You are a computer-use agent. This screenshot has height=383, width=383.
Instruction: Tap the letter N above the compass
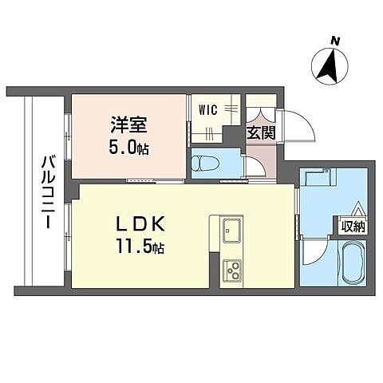click(336, 40)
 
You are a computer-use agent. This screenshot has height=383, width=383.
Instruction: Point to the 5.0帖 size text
click(128, 148)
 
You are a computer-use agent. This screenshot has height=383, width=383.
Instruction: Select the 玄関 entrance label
click(262, 132)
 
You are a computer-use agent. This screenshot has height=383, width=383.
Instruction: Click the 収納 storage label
click(353, 227)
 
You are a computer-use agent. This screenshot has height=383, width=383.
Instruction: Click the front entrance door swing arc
click(292, 124)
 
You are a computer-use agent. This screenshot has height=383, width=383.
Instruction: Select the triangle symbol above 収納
click(357, 211)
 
